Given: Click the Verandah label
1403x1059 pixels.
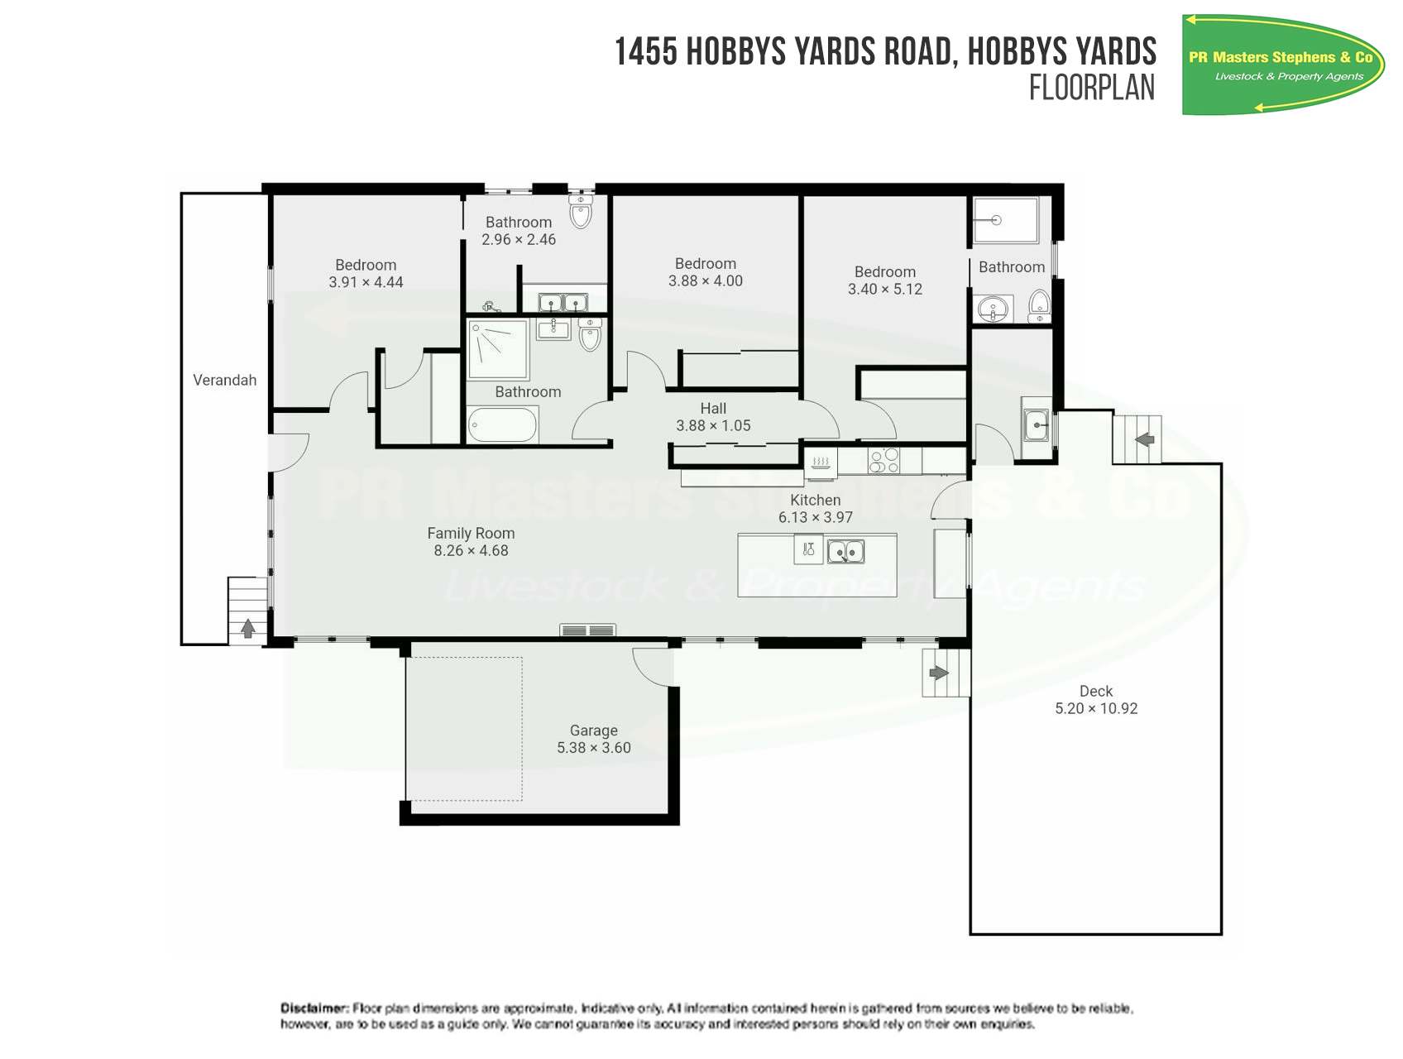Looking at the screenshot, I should point(224,380).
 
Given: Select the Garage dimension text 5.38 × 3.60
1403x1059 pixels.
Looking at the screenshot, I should point(593,748).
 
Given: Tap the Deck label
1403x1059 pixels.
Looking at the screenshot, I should point(1095,691).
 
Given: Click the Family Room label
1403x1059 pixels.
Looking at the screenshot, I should point(471,534).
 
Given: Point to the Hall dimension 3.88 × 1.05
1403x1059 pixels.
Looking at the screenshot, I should point(713,426).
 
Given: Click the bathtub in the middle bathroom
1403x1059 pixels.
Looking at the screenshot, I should point(503,426).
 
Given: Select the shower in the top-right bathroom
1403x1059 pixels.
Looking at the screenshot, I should point(1005,220).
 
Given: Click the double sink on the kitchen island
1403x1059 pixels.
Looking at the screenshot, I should point(845,550).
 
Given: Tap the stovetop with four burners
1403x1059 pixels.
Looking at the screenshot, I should point(883,460).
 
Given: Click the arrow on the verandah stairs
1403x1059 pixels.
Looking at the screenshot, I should point(247,629).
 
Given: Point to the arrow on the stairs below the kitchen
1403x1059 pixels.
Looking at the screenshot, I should point(938,673).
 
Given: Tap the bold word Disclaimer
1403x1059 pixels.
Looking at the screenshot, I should point(314,1008).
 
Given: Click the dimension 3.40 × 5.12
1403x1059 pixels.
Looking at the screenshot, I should point(884,290).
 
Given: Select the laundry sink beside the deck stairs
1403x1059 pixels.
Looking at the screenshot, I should point(1035,426).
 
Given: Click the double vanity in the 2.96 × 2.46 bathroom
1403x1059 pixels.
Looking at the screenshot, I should point(563,302).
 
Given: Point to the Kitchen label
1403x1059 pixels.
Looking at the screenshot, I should point(815,500).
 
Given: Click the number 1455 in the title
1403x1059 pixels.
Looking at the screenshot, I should point(646,52).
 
